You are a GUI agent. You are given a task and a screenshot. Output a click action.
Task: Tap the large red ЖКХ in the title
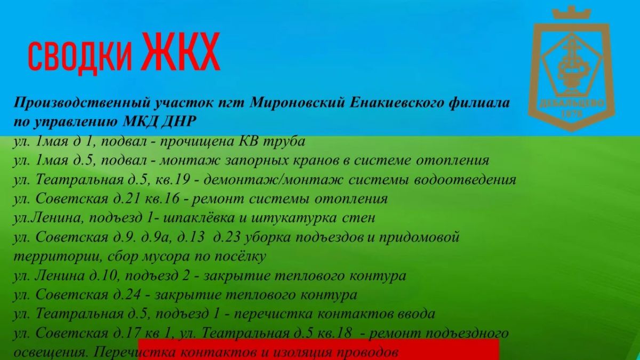click(181, 51)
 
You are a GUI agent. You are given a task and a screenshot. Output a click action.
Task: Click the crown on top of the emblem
click(571, 13)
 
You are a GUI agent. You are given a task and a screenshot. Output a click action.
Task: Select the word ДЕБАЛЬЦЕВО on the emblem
click(572, 103)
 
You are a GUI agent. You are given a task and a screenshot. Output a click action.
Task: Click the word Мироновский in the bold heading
click(297, 102)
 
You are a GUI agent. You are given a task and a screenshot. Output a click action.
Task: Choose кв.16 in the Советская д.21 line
click(162, 198)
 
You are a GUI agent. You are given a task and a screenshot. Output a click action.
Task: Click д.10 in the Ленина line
click(105, 276)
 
